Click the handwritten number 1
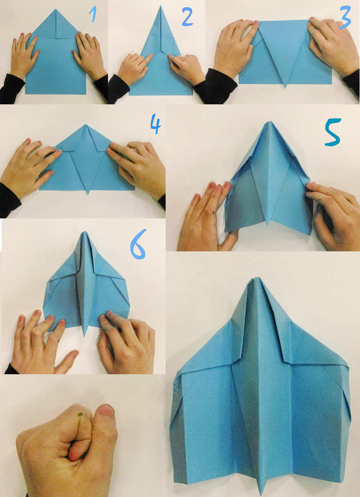point(93,15)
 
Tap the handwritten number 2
point(187,17)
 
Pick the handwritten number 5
point(333,132)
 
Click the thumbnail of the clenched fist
point(106,412)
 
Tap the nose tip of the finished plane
point(256,279)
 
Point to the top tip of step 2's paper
point(161,6)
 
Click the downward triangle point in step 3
point(285,86)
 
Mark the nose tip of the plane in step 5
point(269,122)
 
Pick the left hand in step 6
point(41,342)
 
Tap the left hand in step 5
point(206,219)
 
